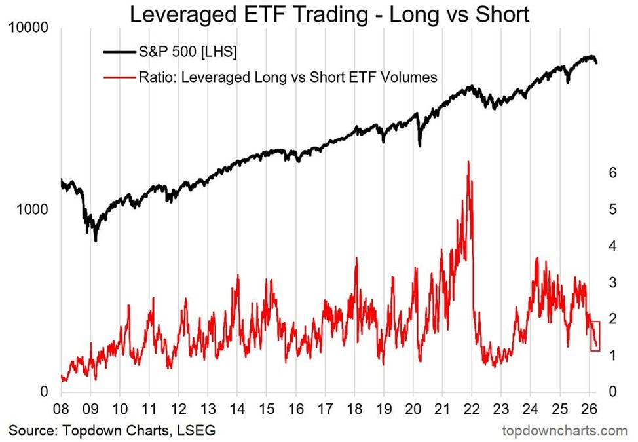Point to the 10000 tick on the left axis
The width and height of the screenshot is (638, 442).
29,29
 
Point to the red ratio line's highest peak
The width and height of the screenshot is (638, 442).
468,161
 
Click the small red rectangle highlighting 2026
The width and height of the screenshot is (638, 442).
595,336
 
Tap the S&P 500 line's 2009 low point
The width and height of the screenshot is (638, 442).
96,240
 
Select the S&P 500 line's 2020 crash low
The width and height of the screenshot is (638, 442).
420,145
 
